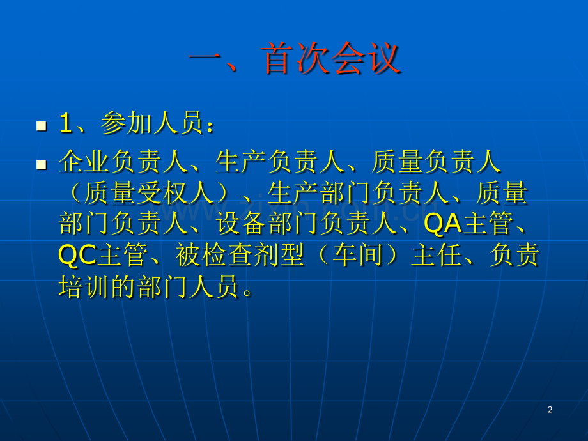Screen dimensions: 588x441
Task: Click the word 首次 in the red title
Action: (295, 58)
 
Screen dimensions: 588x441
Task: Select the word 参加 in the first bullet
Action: (127, 123)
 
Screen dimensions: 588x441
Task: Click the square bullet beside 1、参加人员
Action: (42, 126)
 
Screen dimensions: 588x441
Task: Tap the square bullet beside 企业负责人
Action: (42, 165)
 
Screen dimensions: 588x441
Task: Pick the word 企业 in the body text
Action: (85, 161)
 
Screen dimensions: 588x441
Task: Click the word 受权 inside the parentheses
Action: (163, 193)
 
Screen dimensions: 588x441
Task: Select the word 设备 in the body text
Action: (242, 224)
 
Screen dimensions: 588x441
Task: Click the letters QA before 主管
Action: (442, 224)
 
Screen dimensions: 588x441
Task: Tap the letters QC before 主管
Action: (77, 256)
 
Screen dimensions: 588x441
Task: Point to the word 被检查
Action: (215, 255)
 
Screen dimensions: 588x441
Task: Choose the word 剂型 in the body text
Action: (279, 255)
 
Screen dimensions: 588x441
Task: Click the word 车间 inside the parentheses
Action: (358, 255)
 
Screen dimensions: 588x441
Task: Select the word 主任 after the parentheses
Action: (437, 255)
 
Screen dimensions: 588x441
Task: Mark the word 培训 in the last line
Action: (85, 287)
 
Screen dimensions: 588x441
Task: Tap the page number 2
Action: (550, 410)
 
